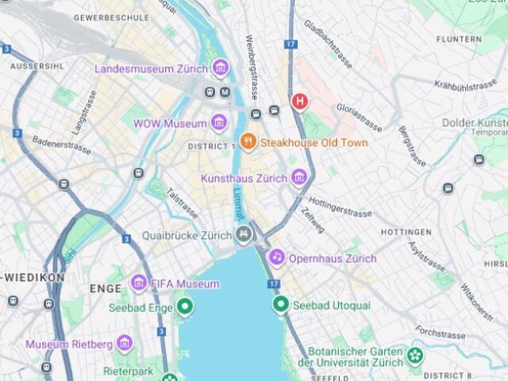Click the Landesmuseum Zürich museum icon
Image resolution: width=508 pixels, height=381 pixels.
(221, 68)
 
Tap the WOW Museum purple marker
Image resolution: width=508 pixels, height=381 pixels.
(219, 123)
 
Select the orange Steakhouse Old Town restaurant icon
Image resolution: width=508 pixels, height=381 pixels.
(248, 142)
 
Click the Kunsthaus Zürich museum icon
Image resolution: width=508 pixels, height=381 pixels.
(298, 178)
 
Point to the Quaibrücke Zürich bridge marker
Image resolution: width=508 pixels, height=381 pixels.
(244, 234)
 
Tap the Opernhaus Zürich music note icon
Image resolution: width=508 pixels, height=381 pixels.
(276, 257)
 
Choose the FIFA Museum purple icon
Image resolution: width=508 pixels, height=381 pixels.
(139, 283)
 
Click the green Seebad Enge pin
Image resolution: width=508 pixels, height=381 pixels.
(185, 306)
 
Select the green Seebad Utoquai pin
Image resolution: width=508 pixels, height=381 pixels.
(279, 304)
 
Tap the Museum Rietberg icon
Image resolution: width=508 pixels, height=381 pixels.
(124, 344)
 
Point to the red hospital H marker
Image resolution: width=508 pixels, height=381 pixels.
(300, 101)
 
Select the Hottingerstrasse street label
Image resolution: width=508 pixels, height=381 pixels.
(339, 207)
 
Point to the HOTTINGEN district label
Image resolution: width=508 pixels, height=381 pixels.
(406, 232)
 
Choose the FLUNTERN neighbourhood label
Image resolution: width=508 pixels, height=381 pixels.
(459, 38)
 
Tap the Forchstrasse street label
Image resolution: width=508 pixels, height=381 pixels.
(440, 331)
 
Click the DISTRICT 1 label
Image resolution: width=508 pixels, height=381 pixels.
(212, 147)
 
